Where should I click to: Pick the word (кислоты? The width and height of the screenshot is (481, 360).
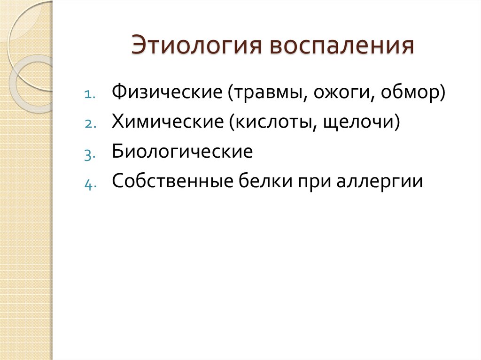point(272,123)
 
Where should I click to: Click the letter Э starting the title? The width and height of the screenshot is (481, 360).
point(139,47)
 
